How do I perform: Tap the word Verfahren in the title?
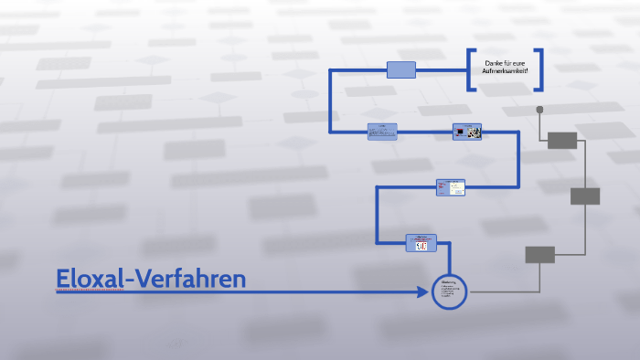(x=191, y=278)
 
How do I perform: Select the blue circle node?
(x=449, y=291)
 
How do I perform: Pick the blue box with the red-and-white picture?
(x=421, y=242)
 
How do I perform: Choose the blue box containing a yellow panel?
(x=451, y=187)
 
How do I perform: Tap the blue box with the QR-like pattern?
(x=467, y=132)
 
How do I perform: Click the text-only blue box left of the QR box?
(x=382, y=132)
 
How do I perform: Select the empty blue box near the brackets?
(x=401, y=69)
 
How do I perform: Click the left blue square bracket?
(x=471, y=69)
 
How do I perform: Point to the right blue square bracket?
(x=539, y=69)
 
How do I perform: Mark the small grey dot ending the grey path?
(x=539, y=110)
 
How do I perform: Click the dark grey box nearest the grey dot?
(x=562, y=140)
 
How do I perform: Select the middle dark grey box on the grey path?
(x=585, y=196)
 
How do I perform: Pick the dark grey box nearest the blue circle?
(x=539, y=255)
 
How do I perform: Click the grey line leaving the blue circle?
(x=498, y=292)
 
